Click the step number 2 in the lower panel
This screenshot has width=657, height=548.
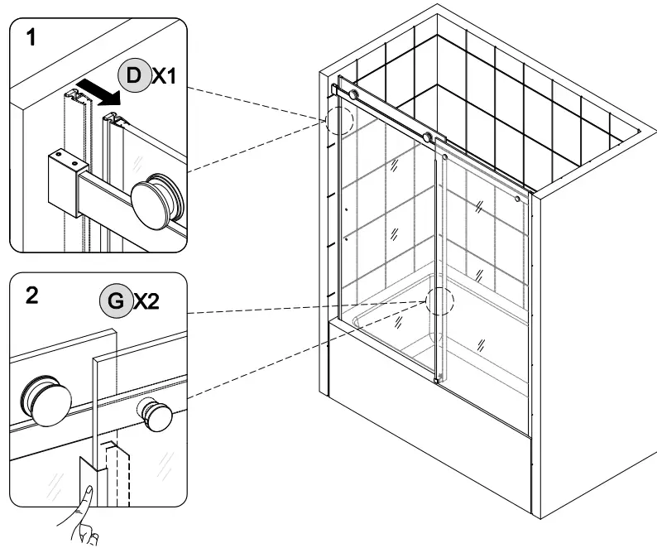(31, 296)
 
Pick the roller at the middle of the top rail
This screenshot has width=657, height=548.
(428, 137)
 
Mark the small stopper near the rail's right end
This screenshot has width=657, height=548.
(518, 199)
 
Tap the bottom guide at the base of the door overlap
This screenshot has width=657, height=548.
(437, 380)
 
